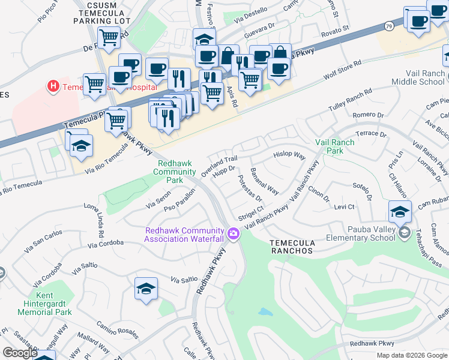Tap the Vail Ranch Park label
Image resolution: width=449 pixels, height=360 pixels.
pos(335,146)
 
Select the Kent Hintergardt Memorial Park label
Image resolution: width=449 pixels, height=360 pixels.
pos(44,304)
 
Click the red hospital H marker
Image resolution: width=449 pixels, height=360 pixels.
pos(54,86)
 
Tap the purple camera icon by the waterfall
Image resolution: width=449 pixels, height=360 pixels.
pos(234,233)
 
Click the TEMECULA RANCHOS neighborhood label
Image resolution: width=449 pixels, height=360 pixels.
pos(292,246)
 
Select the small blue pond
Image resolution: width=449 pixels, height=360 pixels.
pos(264,312)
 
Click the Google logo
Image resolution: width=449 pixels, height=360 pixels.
pos(20,353)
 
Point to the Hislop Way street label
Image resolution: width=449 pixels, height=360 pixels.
pos(290,155)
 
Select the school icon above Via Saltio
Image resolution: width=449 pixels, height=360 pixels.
pos(146,288)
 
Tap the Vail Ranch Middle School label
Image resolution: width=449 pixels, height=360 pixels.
pos(418,77)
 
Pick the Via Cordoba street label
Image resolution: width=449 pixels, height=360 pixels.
pos(105,244)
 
